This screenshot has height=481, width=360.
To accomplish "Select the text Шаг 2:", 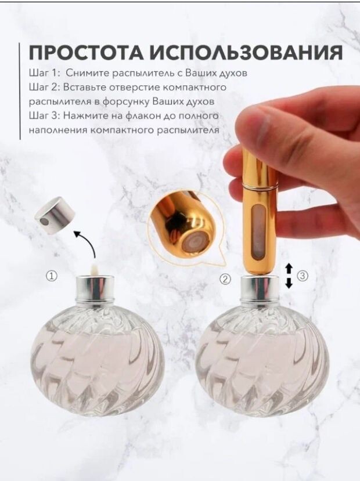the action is [45, 88].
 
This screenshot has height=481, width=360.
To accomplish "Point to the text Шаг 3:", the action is [45, 115].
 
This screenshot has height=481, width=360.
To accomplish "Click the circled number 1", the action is [52, 276].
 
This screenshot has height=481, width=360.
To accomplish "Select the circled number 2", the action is [225, 279].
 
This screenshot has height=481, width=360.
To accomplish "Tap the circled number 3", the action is [303, 276].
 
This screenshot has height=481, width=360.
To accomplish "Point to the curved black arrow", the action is [88, 243].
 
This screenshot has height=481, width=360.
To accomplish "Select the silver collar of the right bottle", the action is [260, 288].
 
